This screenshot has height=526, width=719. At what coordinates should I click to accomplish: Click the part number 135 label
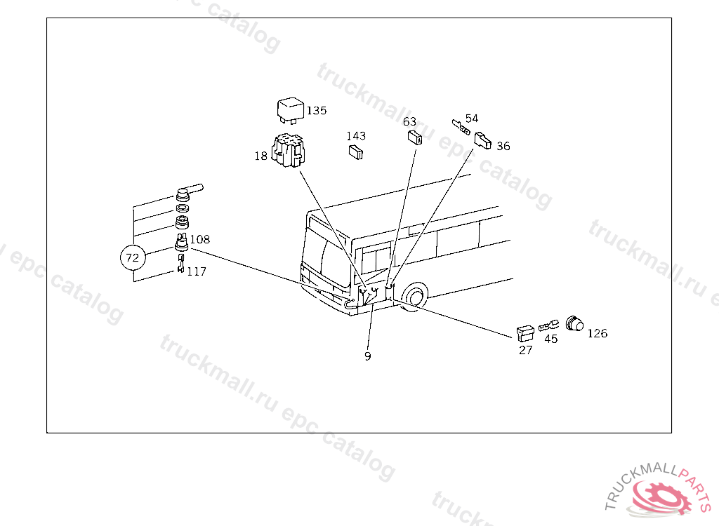click(317, 110)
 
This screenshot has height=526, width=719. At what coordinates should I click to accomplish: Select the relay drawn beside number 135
click(290, 110)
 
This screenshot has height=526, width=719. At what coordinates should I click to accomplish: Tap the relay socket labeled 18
click(287, 150)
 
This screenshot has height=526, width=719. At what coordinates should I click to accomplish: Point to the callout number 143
click(356, 136)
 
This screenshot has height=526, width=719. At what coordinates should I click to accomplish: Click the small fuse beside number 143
click(356, 152)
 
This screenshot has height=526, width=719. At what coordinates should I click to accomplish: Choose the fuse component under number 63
click(414, 137)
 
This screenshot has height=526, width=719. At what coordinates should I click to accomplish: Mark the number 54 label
click(471, 119)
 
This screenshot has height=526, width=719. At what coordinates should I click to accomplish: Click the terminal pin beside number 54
click(461, 126)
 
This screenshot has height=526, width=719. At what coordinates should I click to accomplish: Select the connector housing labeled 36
click(482, 141)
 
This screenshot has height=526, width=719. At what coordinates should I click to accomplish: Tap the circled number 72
click(133, 257)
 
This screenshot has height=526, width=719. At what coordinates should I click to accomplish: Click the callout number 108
click(200, 239)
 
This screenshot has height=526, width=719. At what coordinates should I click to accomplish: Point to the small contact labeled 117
click(181, 264)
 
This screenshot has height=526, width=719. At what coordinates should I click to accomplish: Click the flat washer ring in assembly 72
click(183, 208)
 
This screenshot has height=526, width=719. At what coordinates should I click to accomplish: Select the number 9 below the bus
click(368, 356)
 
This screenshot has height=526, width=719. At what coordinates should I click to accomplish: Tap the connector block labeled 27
click(525, 334)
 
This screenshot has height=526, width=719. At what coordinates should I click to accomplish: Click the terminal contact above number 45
click(549, 326)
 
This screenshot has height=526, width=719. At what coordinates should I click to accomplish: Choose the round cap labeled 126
click(574, 323)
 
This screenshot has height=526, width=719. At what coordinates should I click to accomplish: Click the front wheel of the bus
click(415, 297)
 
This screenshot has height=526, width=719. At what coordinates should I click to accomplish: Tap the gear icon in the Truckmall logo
click(661, 497)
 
